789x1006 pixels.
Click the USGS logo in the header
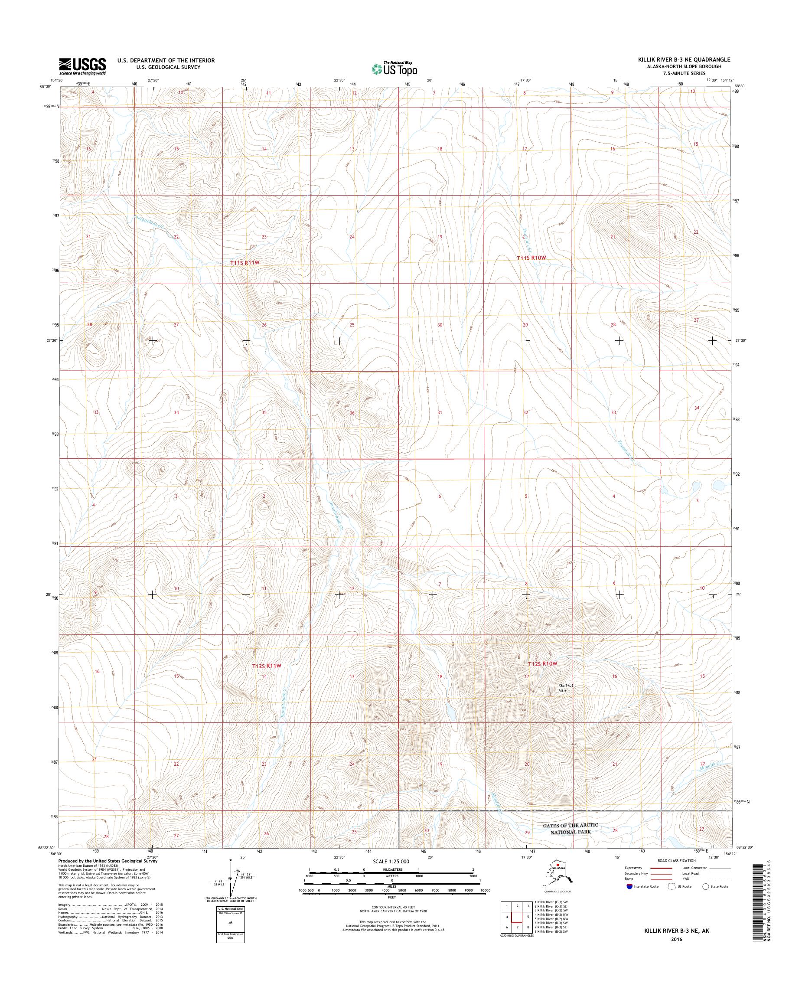point(82,66)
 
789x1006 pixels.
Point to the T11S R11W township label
point(245,262)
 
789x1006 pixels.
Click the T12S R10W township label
point(543,663)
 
